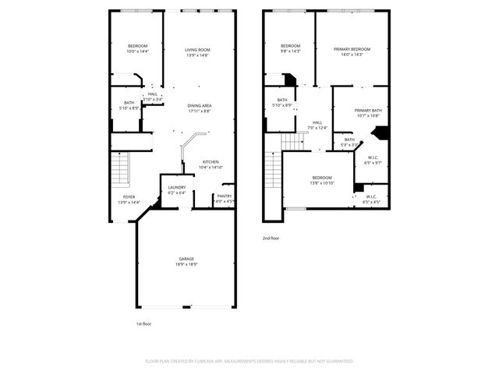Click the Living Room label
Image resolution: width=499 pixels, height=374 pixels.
point(198,50)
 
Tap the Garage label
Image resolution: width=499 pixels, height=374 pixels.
point(186,259)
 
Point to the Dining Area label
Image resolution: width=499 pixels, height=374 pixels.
point(200,106)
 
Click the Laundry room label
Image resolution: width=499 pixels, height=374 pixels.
point(176,187)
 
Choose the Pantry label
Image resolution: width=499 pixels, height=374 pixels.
point(224,196)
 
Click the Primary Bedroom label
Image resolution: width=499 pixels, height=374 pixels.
point(352,49)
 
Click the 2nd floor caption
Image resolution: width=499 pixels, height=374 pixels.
point(271,238)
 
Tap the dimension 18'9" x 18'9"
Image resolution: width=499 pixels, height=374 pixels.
point(186,264)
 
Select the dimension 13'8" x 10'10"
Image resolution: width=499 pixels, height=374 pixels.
point(322,183)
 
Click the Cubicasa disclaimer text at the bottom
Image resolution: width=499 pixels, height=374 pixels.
point(249,362)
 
